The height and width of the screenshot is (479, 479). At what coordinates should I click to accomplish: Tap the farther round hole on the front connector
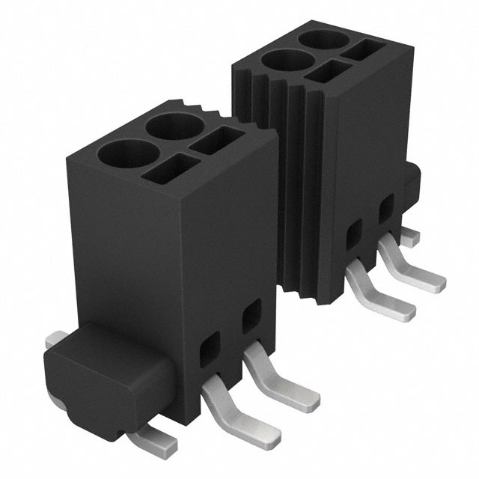[177, 126]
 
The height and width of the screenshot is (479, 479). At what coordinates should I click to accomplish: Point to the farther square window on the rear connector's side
[387, 207]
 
